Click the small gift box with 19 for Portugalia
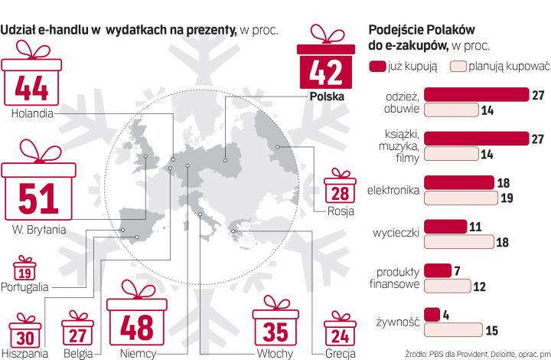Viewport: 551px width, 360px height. click(x=24, y=271)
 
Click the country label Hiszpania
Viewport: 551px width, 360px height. click(x=24, y=354)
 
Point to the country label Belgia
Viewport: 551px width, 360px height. click(x=78, y=354)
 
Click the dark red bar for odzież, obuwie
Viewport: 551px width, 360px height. click(x=476, y=94)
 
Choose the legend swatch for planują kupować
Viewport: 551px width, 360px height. click(x=459, y=67)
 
